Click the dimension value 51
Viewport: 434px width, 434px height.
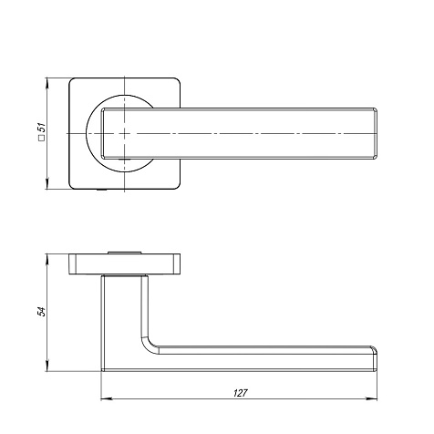coord(43,128)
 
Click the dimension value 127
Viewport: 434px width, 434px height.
coord(241,393)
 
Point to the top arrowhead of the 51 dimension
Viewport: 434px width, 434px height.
coord(46,83)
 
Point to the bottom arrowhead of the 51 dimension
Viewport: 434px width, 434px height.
coord(46,184)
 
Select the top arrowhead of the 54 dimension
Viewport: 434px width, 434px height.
coord(46,259)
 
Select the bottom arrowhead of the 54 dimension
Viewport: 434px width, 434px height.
coord(46,367)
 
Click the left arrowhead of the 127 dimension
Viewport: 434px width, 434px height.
coord(106,398)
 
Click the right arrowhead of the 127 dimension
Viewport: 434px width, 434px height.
coord(372,398)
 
